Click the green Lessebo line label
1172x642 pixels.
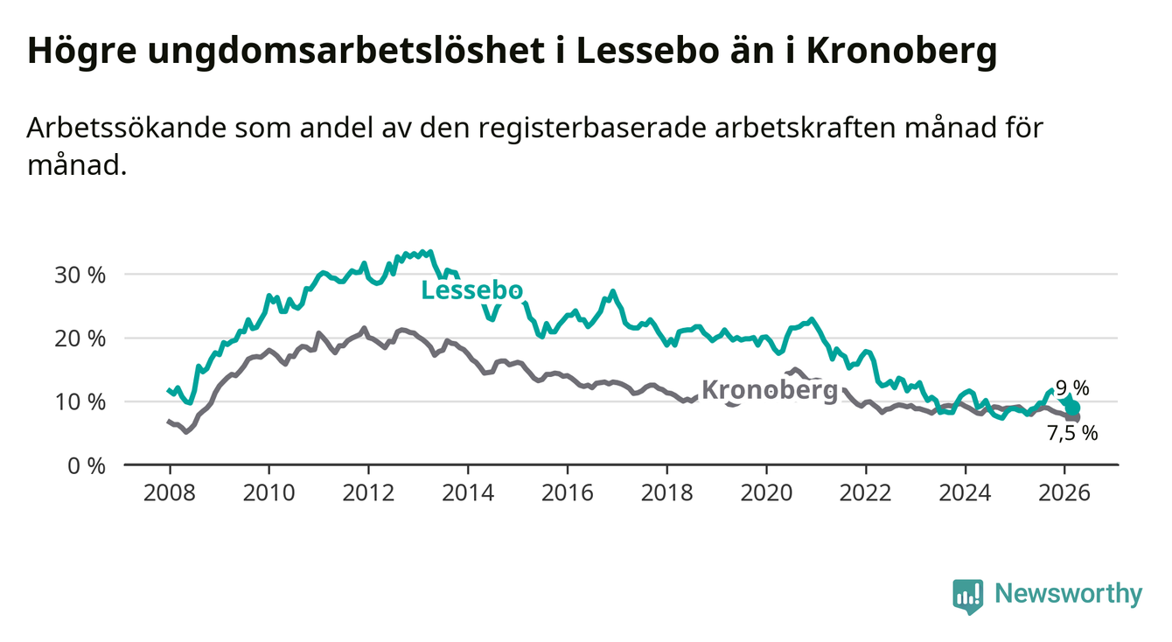[x=472, y=291]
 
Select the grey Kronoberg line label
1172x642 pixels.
[x=770, y=390]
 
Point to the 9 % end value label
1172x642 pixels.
[x=1072, y=387]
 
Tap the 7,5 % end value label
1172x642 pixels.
[x=1072, y=433]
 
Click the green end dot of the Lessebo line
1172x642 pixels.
[x=1073, y=408]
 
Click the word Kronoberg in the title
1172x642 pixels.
[x=901, y=52]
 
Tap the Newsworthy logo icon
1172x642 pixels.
[x=967, y=596]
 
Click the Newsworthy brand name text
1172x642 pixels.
[x=1069, y=595]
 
